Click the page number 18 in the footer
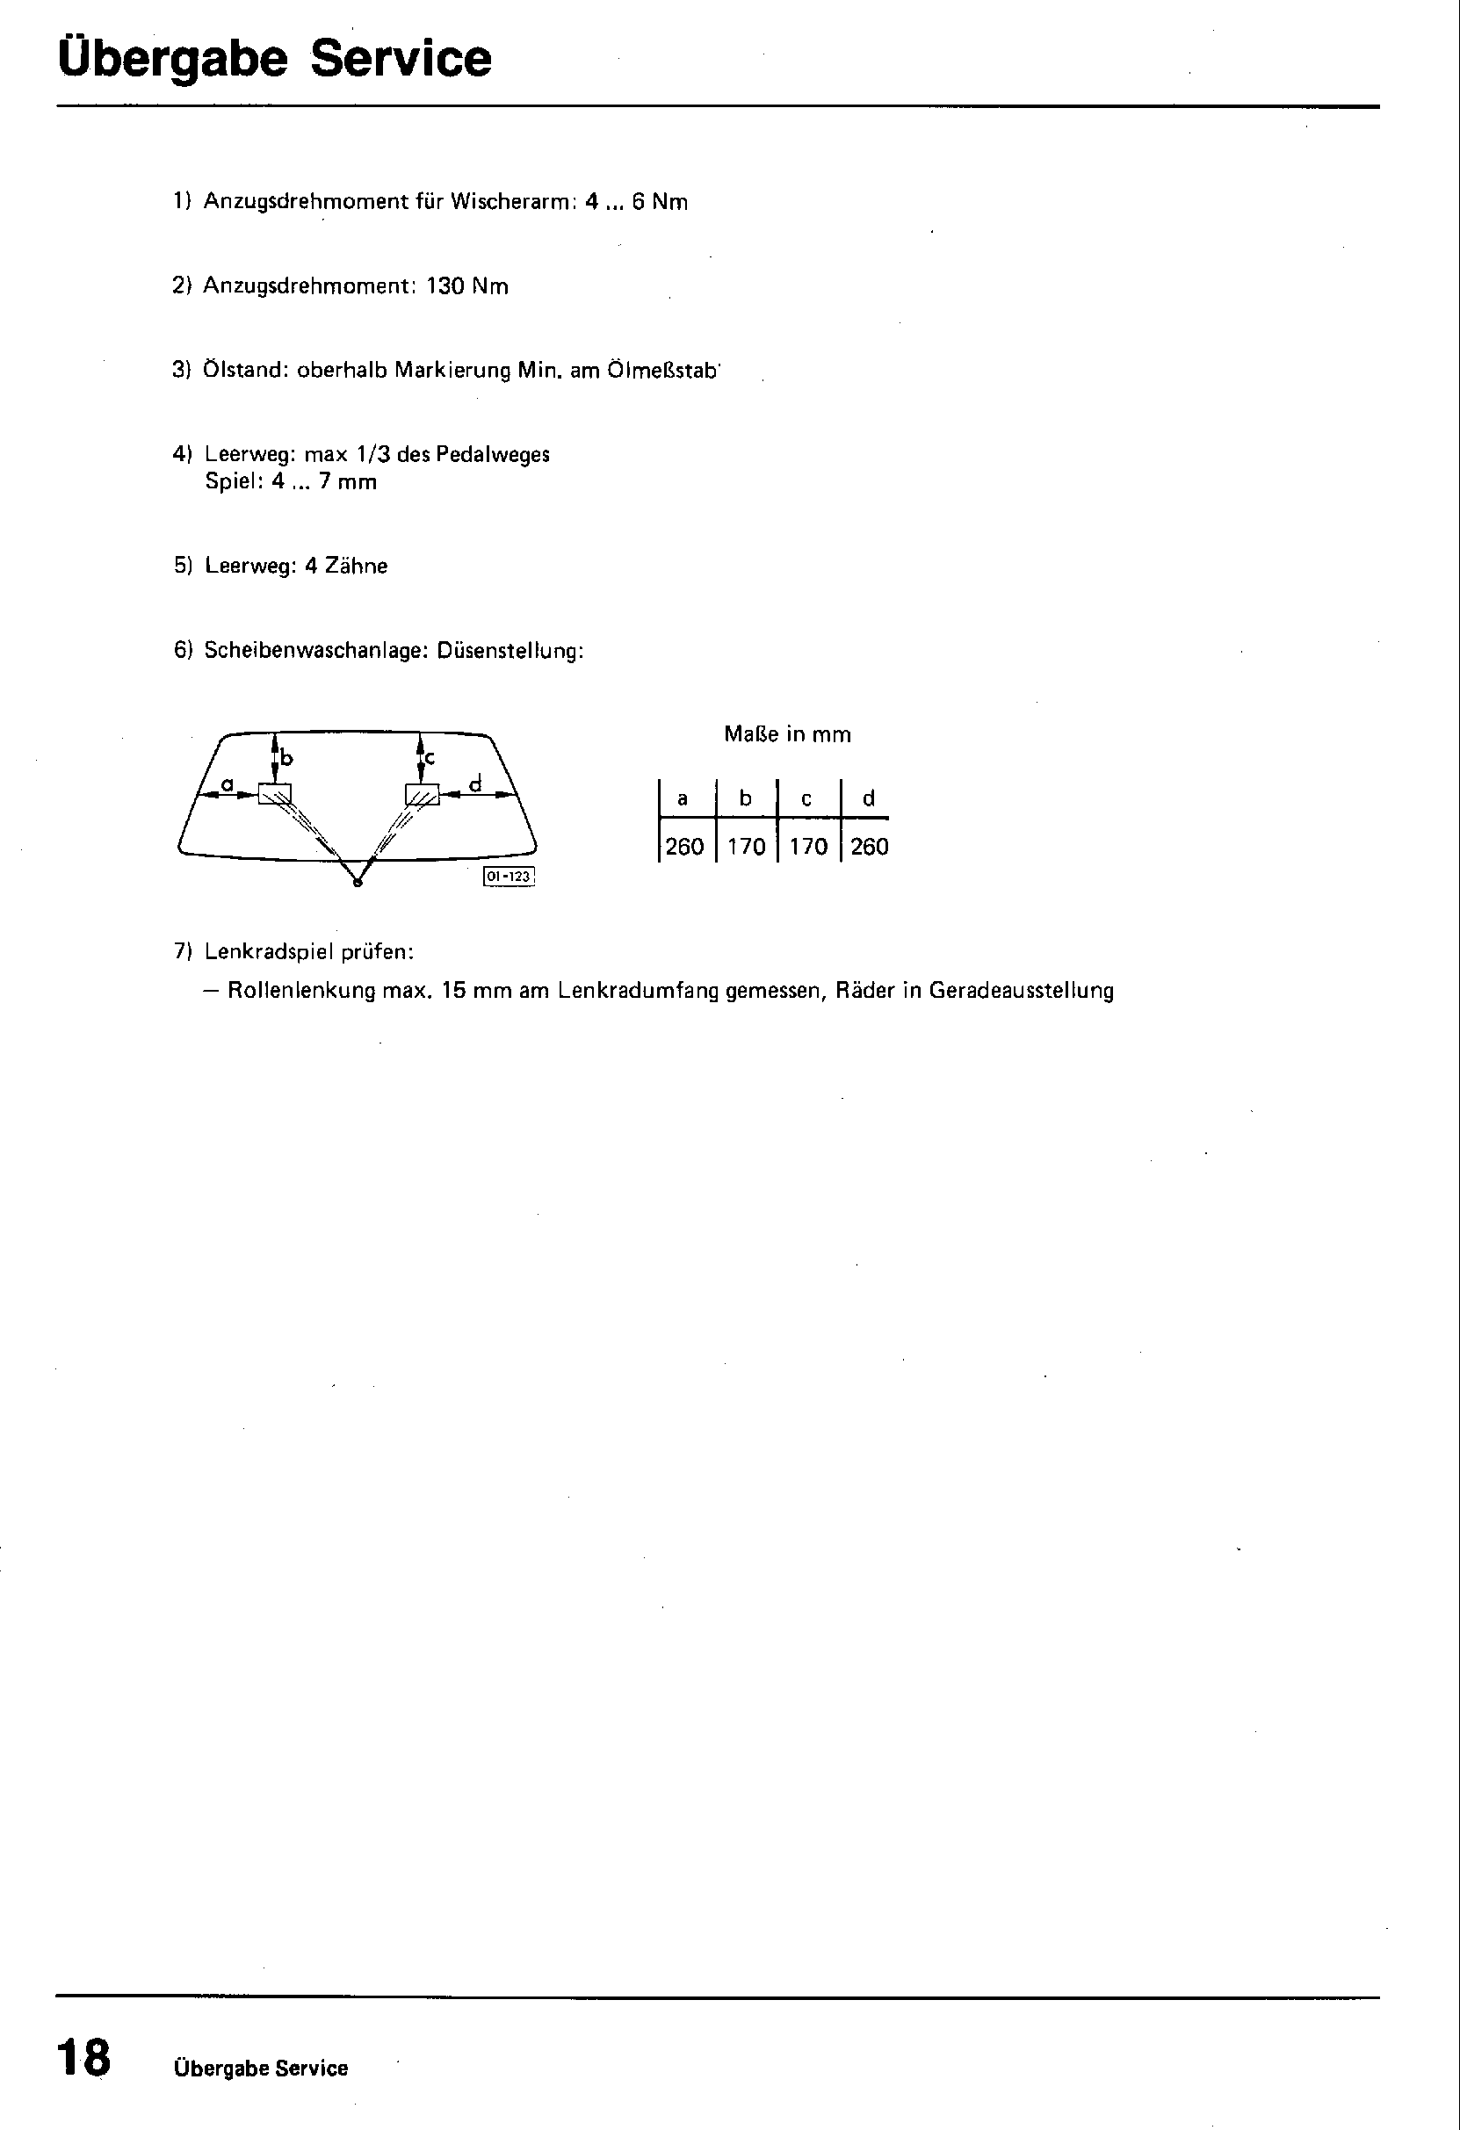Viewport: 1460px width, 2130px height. point(83,2058)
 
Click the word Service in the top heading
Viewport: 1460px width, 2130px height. point(401,58)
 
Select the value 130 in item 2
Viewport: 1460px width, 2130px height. point(445,286)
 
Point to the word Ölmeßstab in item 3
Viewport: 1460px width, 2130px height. point(662,371)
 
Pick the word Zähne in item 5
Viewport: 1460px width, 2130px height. point(357,567)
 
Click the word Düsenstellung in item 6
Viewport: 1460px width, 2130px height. point(510,651)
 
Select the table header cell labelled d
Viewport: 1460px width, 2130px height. point(869,798)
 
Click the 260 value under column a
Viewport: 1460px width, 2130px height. point(684,846)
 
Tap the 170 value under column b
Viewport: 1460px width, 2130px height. point(746,846)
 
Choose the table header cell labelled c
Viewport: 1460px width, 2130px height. point(806,798)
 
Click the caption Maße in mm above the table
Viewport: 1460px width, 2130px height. point(787,734)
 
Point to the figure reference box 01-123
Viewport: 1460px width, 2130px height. point(509,877)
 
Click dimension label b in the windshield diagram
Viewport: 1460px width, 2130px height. point(287,758)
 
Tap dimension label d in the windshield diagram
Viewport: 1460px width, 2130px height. point(475,783)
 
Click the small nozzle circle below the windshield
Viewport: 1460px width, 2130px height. point(358,882)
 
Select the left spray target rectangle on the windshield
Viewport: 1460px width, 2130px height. point(274,793)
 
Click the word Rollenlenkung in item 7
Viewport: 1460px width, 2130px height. point(301,991)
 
